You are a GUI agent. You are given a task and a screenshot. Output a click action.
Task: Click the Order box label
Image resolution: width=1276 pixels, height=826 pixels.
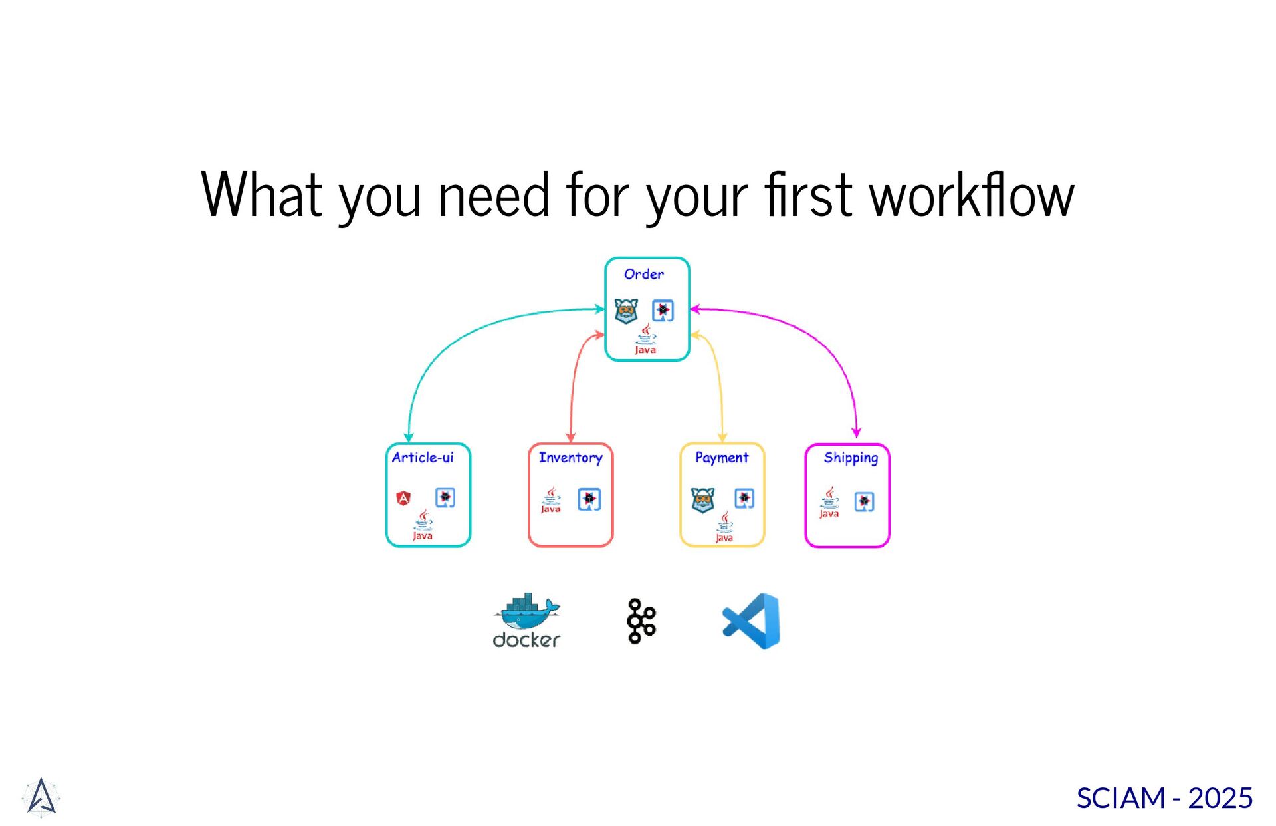point(643,274)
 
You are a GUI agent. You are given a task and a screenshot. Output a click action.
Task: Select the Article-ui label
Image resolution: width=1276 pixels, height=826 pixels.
point(423,458)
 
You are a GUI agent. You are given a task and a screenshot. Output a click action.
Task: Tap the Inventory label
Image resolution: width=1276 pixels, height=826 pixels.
point(570,458)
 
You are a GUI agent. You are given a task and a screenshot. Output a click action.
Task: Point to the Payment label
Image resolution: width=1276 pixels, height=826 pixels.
point(721,458)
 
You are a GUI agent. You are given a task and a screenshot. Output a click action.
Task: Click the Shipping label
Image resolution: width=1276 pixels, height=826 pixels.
point(851,458)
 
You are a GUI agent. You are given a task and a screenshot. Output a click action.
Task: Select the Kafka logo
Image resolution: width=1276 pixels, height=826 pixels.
point(641,621)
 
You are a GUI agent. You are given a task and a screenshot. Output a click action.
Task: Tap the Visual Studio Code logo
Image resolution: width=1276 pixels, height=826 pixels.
point(752,621)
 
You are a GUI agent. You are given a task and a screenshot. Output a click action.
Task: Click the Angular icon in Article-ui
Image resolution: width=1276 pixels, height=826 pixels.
point(403,498)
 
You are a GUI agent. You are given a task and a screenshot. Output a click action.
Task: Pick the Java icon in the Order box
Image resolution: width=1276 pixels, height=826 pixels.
point(645,339)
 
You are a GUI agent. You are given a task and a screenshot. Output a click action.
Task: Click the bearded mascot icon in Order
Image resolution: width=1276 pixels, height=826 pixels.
point(626,311)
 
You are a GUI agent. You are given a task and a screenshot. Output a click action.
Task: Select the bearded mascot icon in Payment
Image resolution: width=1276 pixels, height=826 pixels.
point(702,500)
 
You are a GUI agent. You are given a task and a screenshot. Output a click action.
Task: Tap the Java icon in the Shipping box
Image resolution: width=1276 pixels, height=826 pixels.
point(829,502)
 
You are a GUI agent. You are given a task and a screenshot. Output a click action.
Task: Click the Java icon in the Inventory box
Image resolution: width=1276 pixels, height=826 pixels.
point(550,500)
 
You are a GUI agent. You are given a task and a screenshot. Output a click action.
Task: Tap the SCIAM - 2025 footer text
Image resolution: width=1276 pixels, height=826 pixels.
point(1164,798)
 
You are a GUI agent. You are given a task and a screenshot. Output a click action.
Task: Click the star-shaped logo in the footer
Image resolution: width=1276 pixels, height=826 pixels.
point(41,797)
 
